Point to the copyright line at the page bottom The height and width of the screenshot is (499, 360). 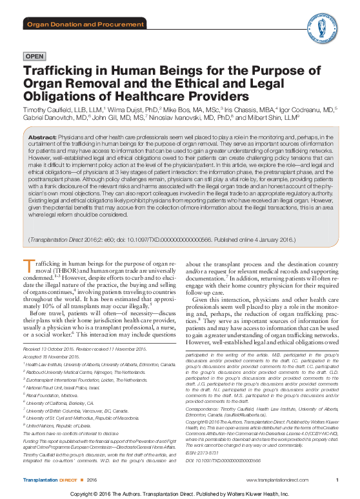[x=179, y=493]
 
